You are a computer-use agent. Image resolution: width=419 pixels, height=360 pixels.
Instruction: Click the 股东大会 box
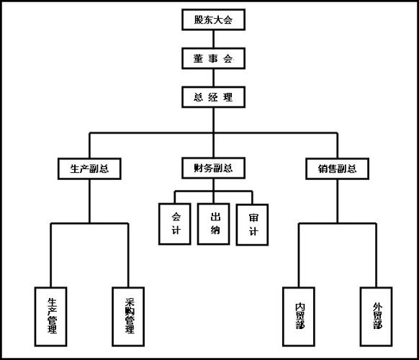point(214,20)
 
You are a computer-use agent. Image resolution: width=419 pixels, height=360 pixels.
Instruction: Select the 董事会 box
point(214,57)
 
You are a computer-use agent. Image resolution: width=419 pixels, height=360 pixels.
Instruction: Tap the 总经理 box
point(214,96)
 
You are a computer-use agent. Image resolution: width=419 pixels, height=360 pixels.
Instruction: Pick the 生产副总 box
point(89,170)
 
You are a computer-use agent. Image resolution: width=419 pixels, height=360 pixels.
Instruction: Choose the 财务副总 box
point(212,169)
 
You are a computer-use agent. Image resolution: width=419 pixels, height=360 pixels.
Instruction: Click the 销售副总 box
point(337,170)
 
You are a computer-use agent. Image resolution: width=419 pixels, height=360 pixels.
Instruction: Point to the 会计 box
point(176,224)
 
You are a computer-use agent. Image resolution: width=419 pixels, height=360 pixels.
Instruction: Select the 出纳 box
point(214,224)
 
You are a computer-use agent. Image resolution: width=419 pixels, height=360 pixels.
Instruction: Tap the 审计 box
point(252,225)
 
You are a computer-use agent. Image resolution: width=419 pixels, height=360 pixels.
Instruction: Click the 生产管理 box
point(52,315)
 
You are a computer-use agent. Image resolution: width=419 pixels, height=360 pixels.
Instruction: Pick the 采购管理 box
point(129,315)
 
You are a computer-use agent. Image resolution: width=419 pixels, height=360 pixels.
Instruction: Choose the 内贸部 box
point(299,315)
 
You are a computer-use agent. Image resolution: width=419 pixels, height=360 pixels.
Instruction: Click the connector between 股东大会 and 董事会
point(214,39)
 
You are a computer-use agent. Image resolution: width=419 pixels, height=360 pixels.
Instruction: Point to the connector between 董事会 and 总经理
point(214,76)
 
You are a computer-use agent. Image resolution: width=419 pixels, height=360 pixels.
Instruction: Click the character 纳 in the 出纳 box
point(214,232)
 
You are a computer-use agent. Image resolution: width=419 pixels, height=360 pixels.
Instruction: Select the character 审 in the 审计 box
point(252,217)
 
